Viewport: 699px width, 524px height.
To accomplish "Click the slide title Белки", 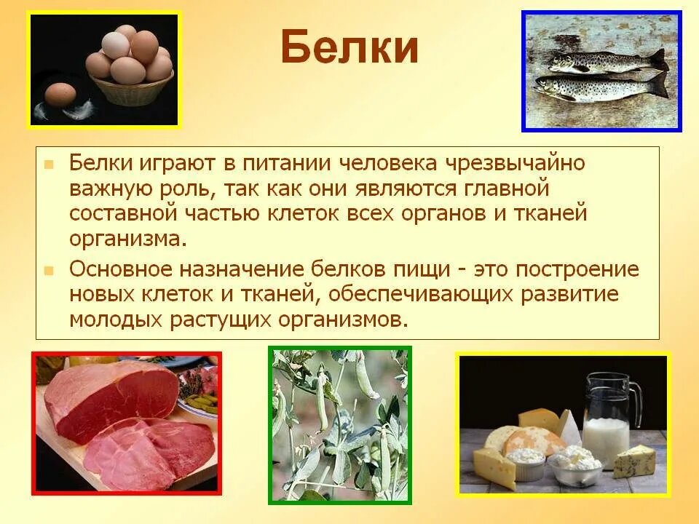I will (349, 48).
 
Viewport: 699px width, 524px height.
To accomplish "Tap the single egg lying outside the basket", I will (60, 95).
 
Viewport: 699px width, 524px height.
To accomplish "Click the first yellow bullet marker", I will (49, 164).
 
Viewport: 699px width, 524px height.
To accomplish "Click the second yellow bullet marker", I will (49, 270).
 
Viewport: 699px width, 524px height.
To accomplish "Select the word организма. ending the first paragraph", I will (123, 239).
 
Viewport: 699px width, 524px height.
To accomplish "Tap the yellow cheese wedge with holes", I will (494, 466).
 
